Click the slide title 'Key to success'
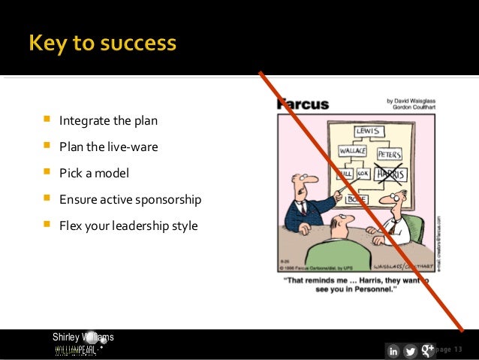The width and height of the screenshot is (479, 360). point(103,44)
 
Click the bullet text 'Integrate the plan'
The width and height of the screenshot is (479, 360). point(109,120)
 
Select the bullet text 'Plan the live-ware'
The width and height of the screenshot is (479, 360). point(109,147)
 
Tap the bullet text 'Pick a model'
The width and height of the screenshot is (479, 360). point(95,173)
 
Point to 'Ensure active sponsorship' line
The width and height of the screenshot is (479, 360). point(131,199)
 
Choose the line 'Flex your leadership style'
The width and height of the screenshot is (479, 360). point(128,225)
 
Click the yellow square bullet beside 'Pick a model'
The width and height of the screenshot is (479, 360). point(47,173)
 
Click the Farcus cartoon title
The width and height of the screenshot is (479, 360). point(304,104)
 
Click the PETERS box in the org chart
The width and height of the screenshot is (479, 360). point(389,155)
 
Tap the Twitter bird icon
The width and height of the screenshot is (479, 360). point(411,351)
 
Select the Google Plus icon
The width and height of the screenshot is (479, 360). point(428,350)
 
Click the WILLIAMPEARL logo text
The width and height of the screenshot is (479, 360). point(75,351)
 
